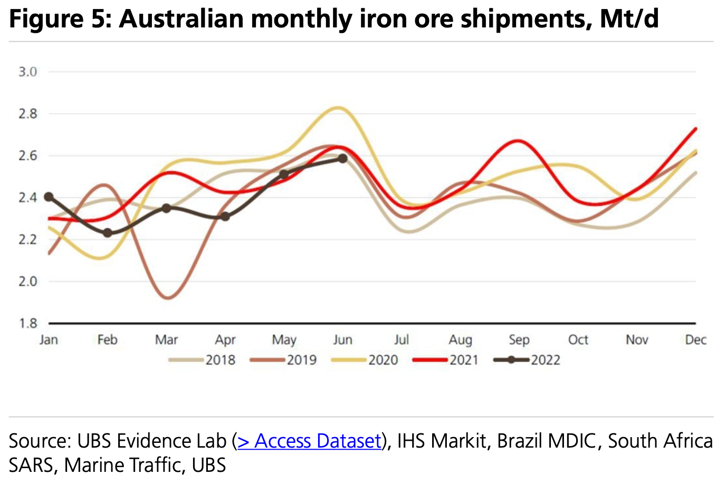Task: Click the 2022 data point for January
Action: (x=49, y=197)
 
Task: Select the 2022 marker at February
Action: (x=108, y=233)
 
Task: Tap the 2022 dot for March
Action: (x=166, y=208)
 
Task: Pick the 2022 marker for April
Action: (x=225, y=216)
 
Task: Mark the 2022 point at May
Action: (x=284, y=175)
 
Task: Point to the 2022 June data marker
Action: (x=342, y=158)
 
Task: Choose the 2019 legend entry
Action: (x=283, y=360)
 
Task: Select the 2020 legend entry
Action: (x=365, y=360)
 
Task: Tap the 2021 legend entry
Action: (x=446, y=360)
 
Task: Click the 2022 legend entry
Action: (x=527, y=360)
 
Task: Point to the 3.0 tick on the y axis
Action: (x=28, y=72)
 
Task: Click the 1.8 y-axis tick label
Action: (x=28, y=323)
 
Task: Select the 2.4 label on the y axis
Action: (x=28, y=198)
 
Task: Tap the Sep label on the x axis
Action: (x=519, y=340)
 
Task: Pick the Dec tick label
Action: (x=695, y=340)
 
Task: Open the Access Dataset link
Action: (x=310, y=441)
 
